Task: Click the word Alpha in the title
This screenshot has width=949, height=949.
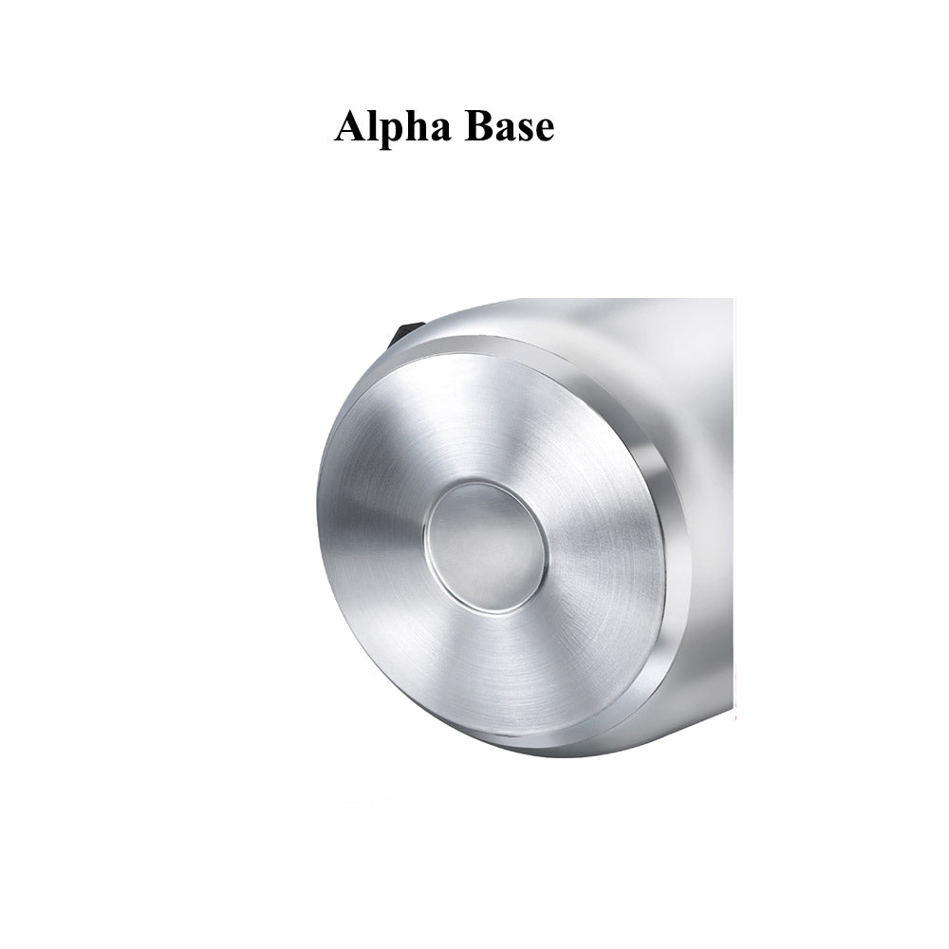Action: [393, 126]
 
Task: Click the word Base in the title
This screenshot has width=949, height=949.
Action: [509, 126]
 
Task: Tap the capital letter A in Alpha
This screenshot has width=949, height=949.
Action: [350, 125]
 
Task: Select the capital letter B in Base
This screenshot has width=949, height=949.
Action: [478, 125]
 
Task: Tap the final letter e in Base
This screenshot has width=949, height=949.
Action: [543, 131]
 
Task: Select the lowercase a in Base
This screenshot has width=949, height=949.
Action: [504, 131]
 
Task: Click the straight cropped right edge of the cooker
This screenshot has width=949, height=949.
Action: [732, 474]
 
